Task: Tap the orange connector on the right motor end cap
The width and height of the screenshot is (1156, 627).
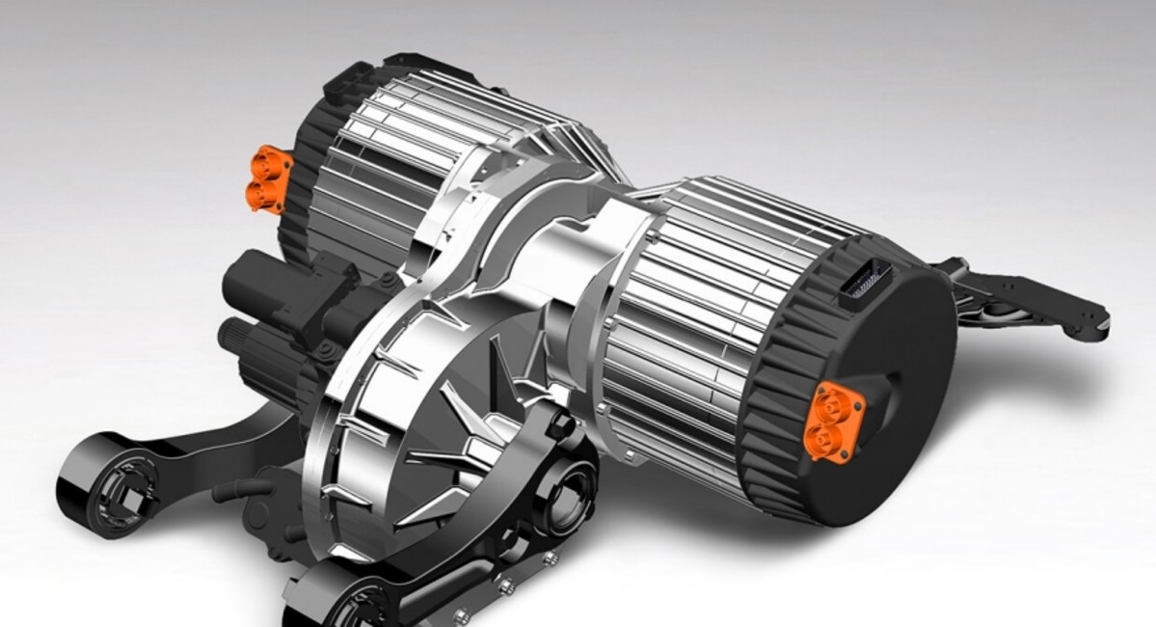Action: coord(830,417)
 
